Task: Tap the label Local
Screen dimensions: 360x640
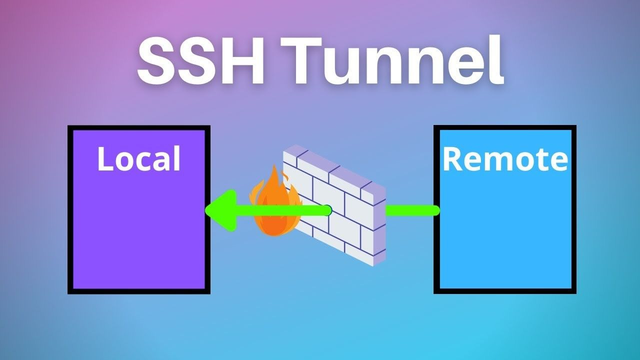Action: pos(138,159)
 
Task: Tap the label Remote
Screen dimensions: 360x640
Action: pos(505,159)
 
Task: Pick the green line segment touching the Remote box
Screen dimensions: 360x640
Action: pos(412,210)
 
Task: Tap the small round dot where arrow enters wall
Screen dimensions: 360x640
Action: pos(328,210)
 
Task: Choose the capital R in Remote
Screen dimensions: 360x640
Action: pos(451,159)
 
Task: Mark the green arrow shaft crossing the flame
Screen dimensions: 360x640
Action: pos(275,210)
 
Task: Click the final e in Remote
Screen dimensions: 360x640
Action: pos(559,161)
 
